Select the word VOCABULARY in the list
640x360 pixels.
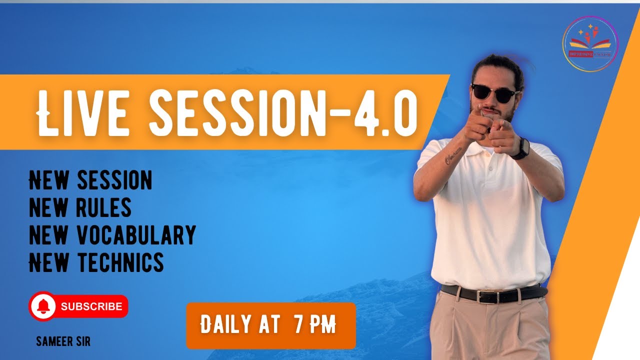(x=136, y=235)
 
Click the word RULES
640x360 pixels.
(x=104, y=207)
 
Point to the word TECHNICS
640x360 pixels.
(x=120, y=262)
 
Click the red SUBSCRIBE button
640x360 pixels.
(x=91, y=306)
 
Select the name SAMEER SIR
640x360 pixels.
(x=63, y=342)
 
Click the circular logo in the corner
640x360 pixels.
(x=590, y=43)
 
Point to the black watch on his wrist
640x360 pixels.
(x=521, y=148)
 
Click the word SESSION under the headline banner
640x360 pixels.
(x=114, y=180)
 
